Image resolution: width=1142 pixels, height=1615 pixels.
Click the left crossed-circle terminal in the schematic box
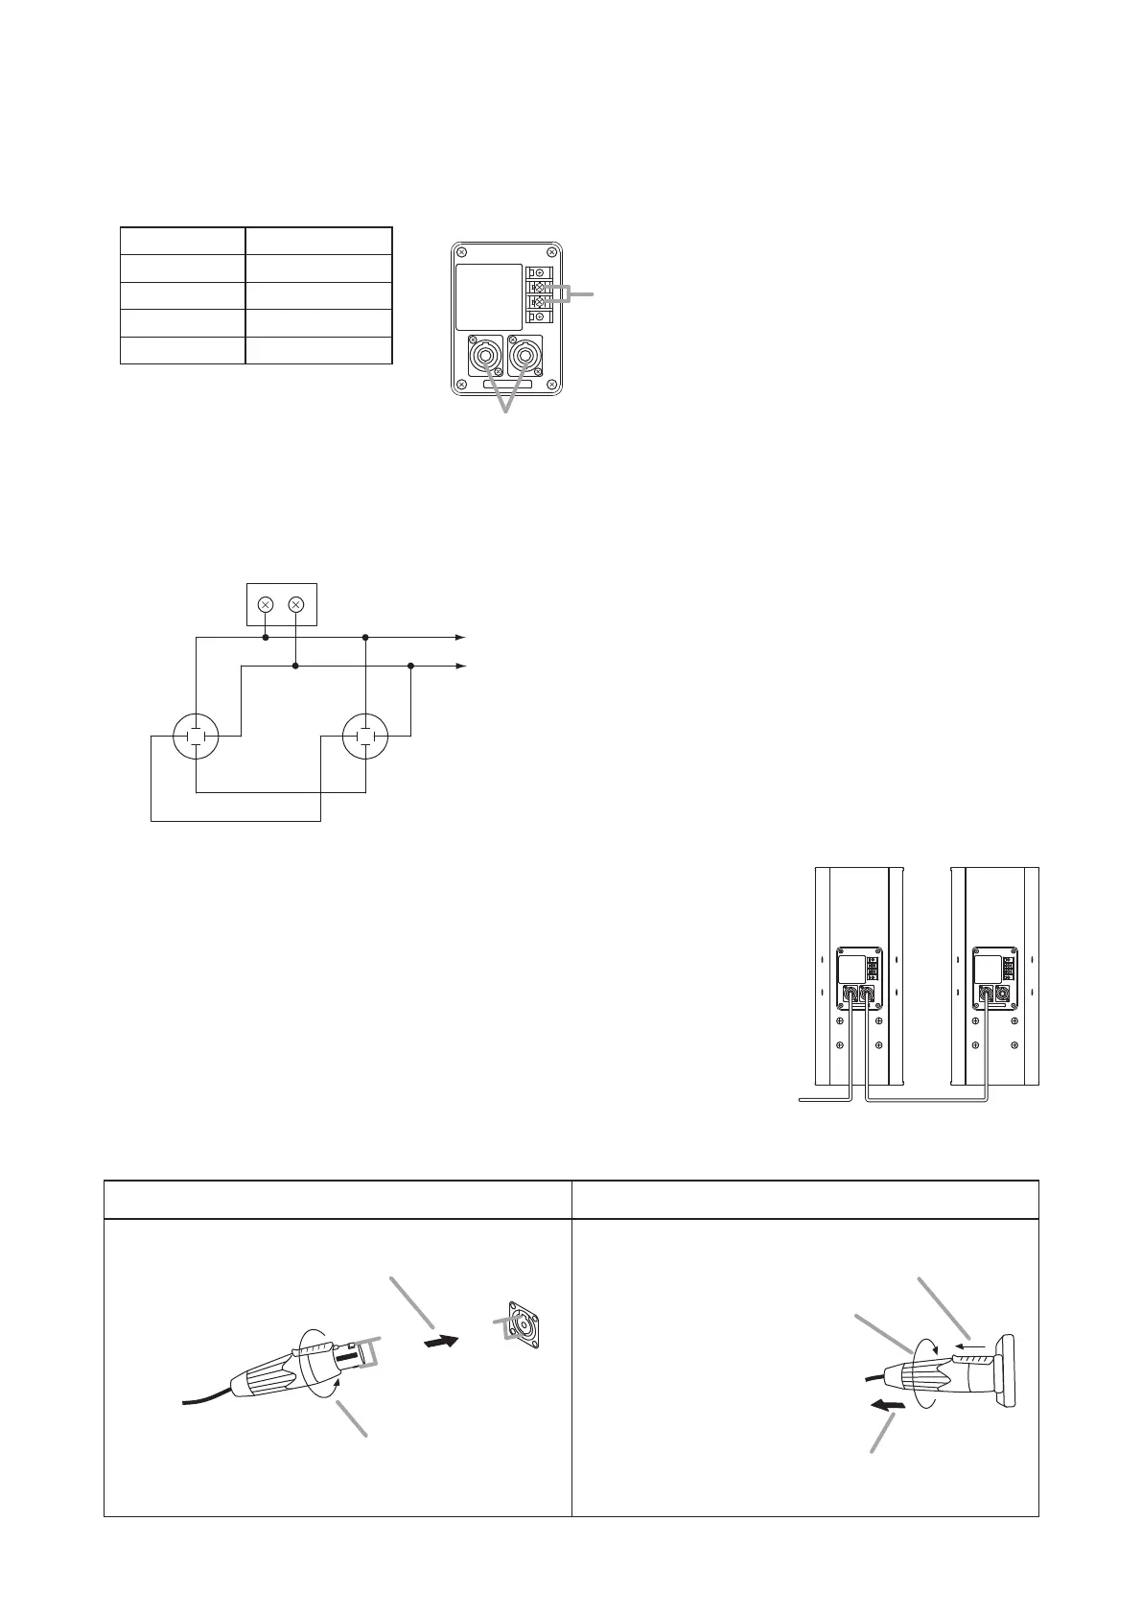click(x=267, y=604)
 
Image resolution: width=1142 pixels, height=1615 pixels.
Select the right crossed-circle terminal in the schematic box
click(x=295, y=604)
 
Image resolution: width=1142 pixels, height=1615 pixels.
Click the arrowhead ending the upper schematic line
click(x=460, y=637)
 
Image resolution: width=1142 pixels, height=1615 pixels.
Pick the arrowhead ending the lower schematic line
click(x=460, y=666)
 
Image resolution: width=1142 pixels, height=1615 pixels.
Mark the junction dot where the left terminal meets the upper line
click(x=267, y=637)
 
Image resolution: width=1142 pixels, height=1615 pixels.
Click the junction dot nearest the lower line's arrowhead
click(x=410, y=666)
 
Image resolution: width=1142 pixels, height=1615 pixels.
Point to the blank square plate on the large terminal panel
click(x=489, y=298)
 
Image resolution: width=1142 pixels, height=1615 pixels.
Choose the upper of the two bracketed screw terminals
click(x=539, y=288)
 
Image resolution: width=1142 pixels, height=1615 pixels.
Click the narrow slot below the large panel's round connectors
click(x=506, y=386)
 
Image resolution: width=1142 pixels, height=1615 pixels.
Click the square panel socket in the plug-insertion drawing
click(x=522, y=1324)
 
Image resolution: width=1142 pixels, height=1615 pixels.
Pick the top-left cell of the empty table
click(x=182, y=241)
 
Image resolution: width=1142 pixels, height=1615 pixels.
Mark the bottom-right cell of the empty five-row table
click(x=319, y=350)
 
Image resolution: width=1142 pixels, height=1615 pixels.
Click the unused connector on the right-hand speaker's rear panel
click(x=1004, y=995)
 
